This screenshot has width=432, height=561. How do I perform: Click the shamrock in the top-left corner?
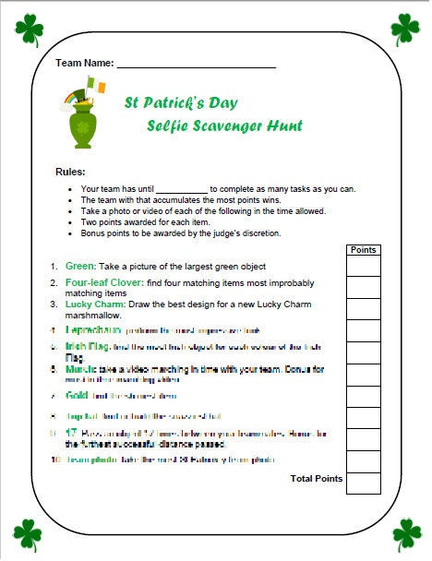point(29,30)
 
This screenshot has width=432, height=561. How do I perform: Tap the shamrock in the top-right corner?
point(405,30)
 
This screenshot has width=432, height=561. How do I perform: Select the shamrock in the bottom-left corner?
point(28,532)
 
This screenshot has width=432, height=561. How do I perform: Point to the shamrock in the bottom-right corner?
point(405,532)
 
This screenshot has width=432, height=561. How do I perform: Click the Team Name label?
point(84,63)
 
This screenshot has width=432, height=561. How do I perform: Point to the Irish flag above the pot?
point(95,86)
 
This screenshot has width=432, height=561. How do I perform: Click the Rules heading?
point(71,173)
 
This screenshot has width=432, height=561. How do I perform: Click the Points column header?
point(364,249)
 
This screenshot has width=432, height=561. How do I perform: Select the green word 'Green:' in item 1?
point(80,266)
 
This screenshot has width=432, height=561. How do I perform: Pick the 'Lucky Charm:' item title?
point(91,302)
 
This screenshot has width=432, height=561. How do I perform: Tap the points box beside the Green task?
point(364,266)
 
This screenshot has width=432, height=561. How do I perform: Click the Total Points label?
point(317,479)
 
